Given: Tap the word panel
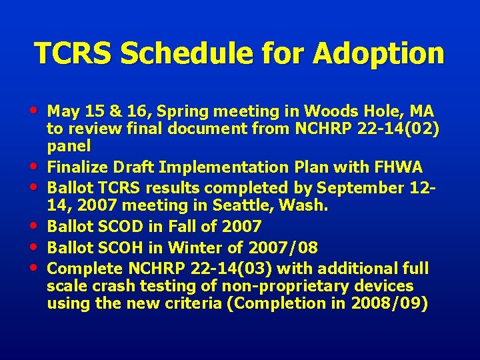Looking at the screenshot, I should coord(69,146).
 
